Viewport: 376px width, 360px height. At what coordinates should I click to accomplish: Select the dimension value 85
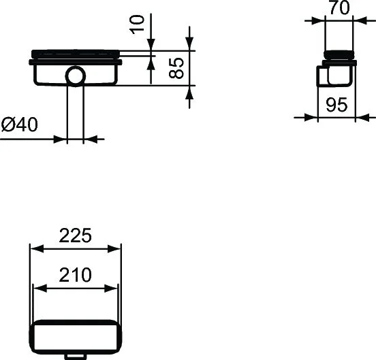tap(176, 68)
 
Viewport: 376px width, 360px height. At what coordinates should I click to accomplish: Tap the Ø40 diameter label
tap(20, 125)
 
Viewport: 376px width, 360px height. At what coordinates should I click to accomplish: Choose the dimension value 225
tap(75, 235)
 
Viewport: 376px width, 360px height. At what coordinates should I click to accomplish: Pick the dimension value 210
tap(74, 276)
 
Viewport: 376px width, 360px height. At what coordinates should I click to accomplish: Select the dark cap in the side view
tap(339, 56)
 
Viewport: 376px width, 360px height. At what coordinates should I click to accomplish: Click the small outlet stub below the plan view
tap(75, 355)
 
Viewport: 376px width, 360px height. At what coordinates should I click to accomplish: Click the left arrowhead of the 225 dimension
tap(35, 249)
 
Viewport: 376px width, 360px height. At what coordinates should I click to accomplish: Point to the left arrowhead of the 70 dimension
tap(326, 20)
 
